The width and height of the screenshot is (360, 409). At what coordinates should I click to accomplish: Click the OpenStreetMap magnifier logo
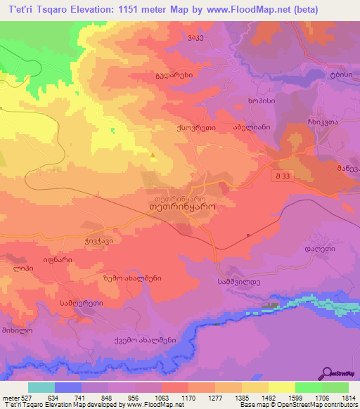[x=327, y=375]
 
